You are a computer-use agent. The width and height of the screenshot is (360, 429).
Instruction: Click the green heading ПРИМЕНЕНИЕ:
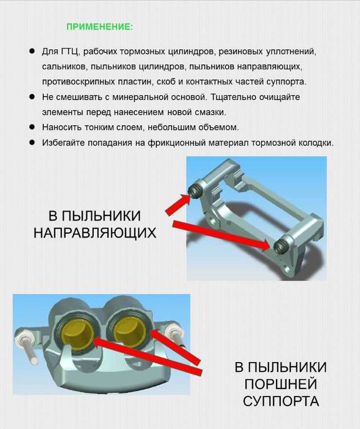tap(99, 27)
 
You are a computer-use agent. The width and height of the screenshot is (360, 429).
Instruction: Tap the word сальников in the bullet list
tap(61, 66)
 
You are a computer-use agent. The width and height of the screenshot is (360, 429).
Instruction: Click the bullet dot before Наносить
tap(31, 127)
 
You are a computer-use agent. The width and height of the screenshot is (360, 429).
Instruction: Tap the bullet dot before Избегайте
tap(31, 142)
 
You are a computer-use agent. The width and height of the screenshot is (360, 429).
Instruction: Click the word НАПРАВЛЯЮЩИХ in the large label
tap(94, 234)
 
